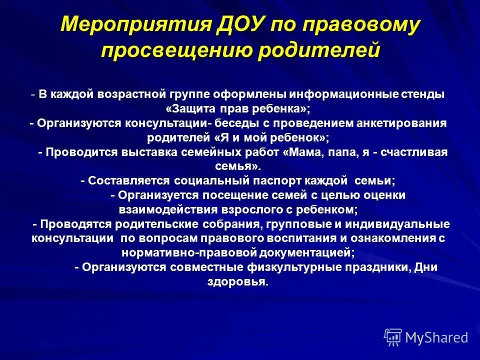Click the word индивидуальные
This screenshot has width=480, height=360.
point(400,223)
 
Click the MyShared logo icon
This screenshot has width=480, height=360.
point(393,337)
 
